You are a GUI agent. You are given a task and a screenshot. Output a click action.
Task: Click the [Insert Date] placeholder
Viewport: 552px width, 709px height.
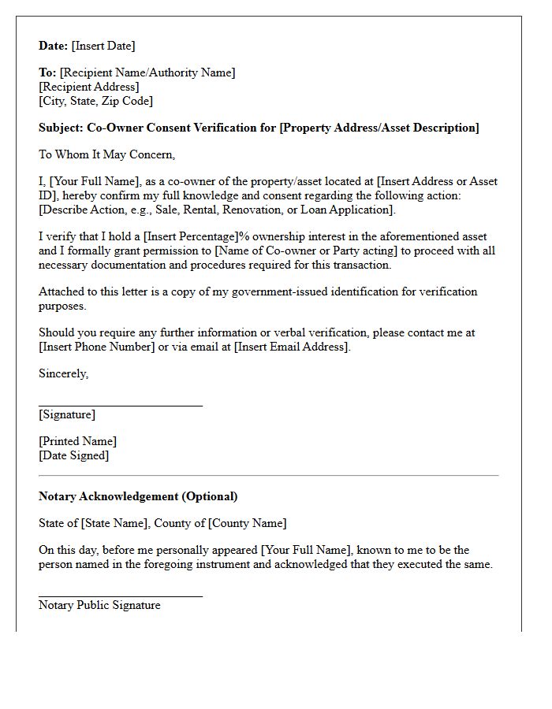coord(103,46)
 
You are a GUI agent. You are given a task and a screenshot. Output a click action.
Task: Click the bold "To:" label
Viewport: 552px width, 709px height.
coord(47,72)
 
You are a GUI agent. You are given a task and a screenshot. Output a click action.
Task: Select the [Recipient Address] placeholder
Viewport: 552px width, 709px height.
coord(89,87)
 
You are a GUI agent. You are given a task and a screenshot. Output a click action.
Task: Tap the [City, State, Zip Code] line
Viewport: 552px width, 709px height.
coord(95,101)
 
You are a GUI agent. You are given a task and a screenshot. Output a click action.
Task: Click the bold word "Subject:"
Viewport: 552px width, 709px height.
coord(62,128)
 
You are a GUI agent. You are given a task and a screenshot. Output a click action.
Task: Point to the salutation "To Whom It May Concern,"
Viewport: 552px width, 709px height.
coord(106,154)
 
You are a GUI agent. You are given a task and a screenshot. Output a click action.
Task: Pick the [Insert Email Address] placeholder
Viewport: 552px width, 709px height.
coord(292,347)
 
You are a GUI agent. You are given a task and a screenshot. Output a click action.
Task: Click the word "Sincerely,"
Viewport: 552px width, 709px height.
coord(63,373)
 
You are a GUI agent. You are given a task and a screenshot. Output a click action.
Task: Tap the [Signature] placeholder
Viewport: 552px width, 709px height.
coord(67,414)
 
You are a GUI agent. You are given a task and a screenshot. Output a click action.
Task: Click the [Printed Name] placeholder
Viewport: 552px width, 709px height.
coord(77,441)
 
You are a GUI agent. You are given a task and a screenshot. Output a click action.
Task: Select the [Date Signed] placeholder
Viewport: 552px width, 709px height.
coord(74,455)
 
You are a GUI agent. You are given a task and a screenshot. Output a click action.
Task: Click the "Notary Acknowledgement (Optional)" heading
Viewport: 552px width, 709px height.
coord(138,496)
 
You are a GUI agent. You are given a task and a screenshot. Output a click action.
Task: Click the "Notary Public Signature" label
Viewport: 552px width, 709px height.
coord(99,605)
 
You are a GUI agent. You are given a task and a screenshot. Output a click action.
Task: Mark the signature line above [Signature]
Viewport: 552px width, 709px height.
coord(121,406)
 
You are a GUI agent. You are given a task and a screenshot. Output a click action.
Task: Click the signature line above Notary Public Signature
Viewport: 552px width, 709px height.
coord(121,596)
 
